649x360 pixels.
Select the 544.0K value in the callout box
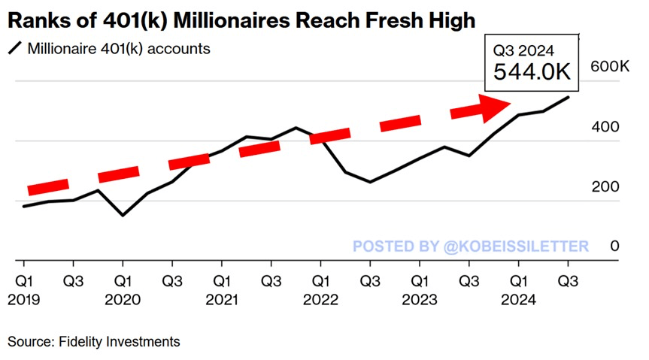[x=531, y=72]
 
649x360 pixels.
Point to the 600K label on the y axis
[x=610, y=68]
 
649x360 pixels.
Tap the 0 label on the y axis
[x=614, y=247]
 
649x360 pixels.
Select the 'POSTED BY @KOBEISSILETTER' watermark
[x=471, y=247]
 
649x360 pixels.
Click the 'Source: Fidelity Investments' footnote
[x=94, y=342]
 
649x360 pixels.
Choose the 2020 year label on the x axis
[x=122, y=300]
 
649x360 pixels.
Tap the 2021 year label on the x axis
[x=221, y=300]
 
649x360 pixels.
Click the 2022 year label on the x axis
[x=320, y=300]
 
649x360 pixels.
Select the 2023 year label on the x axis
[x=420, y=300]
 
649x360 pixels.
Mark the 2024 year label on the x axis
[x=519, y=300]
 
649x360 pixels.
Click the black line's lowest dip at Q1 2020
[x=123, y=216]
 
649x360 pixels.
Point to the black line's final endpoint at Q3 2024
[x=568, y=97]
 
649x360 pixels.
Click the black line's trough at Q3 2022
[x=370, y=182]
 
